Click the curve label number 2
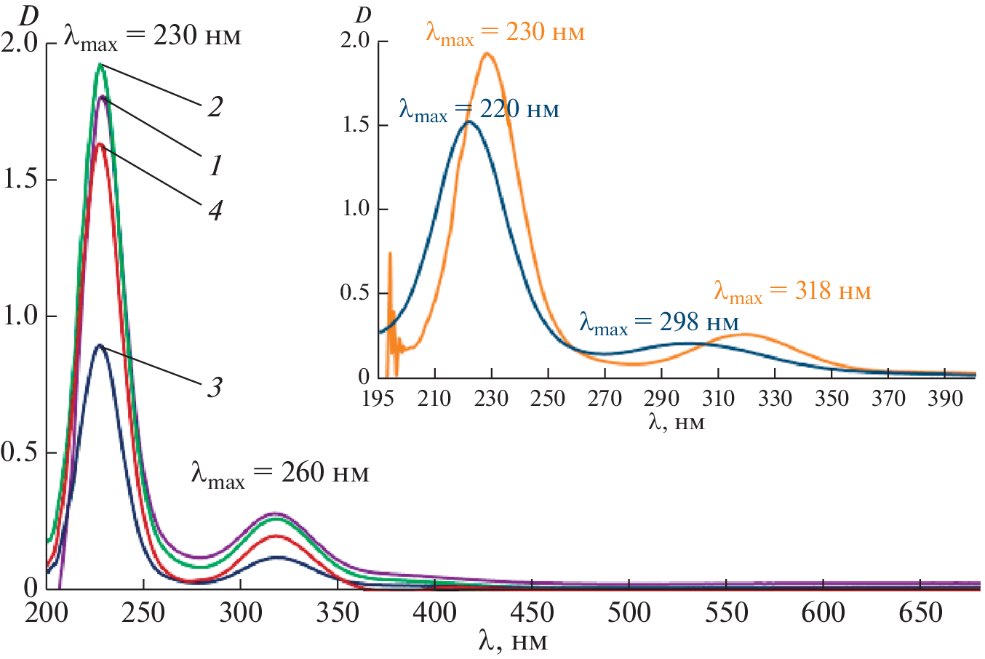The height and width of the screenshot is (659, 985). pos(215,108)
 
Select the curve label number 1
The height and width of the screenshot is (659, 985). pos(215,167)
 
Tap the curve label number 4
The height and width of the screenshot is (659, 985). pos(215,211)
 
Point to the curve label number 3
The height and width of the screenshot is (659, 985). pos(215,388)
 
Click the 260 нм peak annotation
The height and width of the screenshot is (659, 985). pos(280,474)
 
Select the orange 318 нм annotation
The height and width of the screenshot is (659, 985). pos(792,292)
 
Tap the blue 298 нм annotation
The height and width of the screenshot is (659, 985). pos(659,323)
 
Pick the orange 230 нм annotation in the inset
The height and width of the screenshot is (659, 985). pos(505,33)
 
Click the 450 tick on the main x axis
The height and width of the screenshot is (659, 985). pos(532,612)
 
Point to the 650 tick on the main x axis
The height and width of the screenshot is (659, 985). pos(920,612)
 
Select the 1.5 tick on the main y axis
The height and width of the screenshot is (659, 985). pos(20,180)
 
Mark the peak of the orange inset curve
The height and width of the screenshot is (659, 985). pos(487,53)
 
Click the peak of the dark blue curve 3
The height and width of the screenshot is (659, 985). pos(100,346)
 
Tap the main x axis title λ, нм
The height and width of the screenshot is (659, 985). pos(513,642)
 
